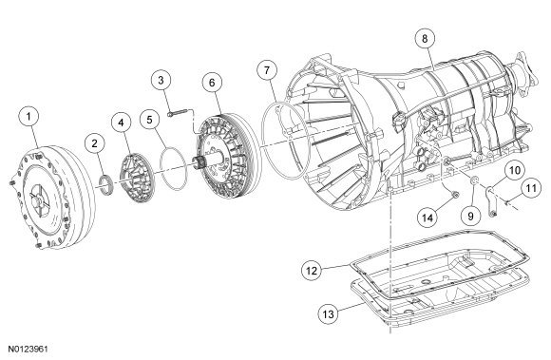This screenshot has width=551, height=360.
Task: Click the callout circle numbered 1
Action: [28, 116]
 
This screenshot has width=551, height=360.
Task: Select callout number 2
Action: [95, 143]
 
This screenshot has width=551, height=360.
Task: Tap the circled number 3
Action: [161, 80]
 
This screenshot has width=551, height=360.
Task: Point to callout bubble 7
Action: [267, 70]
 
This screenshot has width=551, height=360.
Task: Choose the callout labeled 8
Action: [425, 38]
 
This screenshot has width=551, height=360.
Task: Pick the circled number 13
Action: [328, 313]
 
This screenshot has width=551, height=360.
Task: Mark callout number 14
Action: [427, 218]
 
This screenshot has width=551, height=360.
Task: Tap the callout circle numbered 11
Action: [531, 188]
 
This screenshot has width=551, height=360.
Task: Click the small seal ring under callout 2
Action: [106, 185]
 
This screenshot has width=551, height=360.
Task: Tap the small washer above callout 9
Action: [474, 180]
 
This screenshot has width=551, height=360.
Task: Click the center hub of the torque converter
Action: [39, 199]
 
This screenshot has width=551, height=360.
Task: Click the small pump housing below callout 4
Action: [137, 178]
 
